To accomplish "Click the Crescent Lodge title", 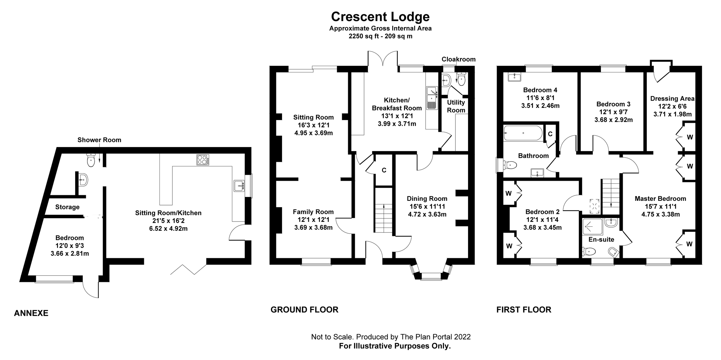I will tap(380, 17).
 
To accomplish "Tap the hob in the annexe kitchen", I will tap(203, 159).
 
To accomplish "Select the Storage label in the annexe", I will tap(67, 207).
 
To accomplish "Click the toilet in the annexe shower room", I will tap(91, 160).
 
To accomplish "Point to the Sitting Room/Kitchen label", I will tap(168, 213).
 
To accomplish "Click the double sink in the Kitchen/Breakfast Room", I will tap(432, 97).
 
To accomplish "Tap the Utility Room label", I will tap(456, 106).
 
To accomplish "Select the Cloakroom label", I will tap(458, 59).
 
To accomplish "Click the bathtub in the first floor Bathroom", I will tap(523, 133).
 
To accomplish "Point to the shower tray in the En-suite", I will tap(592, 227).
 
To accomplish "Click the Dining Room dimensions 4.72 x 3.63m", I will tap(427, 214).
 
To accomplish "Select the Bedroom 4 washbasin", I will tap(514, 77).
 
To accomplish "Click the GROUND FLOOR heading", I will tap(304, 310).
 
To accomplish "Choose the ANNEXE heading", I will tap(31, 313).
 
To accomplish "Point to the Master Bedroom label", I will tap(660, 198).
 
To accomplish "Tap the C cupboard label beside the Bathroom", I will tap(550, 134).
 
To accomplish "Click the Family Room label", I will tap(313, 212).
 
